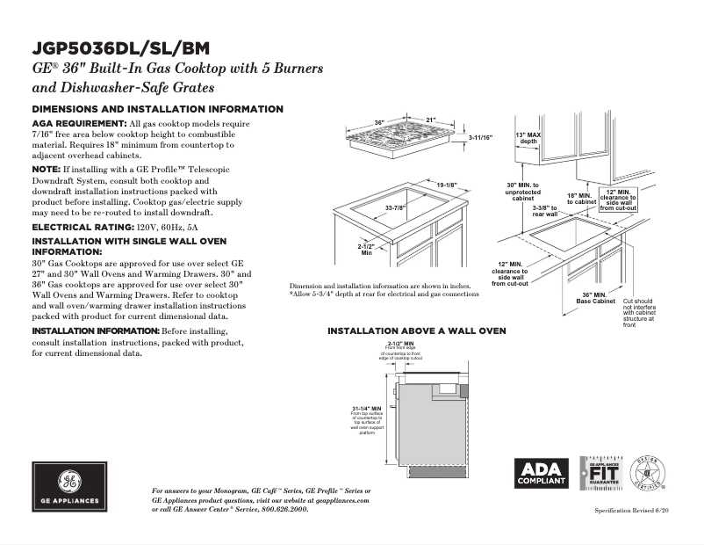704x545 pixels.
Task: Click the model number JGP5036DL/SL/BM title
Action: point(120,48)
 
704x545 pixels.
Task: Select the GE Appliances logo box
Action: point(70,486)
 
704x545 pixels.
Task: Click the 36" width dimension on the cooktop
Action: point(379,122)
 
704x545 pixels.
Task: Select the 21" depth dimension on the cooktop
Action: point(430,120)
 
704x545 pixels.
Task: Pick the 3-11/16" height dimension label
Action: point(480,138)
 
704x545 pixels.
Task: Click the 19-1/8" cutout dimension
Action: point(447,185)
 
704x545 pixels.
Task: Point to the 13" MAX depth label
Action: point(528,137)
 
